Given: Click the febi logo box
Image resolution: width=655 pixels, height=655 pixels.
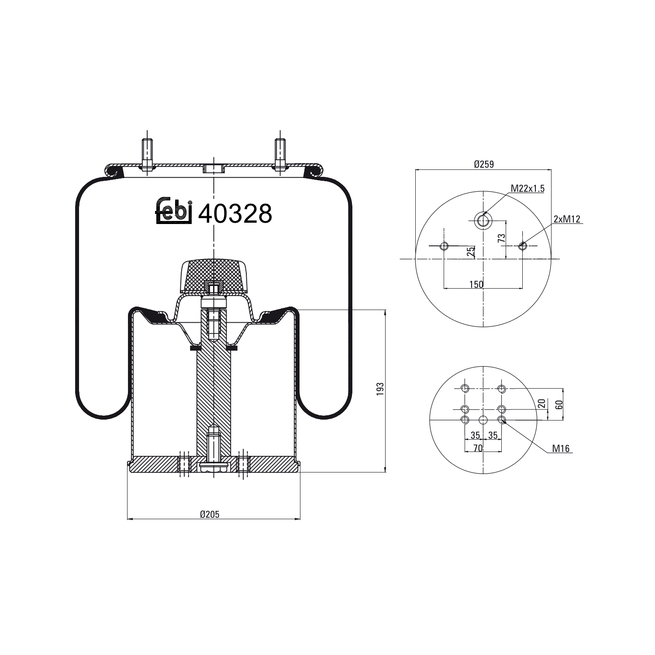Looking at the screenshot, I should [x=174, y=212].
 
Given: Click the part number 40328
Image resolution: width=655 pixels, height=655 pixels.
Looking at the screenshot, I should [x=235, y=214].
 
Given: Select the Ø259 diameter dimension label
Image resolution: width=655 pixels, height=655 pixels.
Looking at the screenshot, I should [x=483, y=164].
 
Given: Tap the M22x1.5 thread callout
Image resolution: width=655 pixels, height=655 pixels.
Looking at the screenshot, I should [x=527, y=189].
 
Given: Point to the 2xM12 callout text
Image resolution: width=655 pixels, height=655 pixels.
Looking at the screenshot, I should [x=566, y=219].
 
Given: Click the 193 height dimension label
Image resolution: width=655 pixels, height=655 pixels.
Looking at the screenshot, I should [x=380, y=389].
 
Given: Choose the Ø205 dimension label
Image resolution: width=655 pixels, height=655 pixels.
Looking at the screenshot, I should [x=210, y=514].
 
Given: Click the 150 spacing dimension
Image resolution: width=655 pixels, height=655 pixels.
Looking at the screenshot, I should [x=476, y=285].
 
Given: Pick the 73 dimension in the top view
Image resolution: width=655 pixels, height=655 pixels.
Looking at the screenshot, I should [x=502, y=238].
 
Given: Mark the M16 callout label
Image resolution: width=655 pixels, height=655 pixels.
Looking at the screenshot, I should [x=561, y=448].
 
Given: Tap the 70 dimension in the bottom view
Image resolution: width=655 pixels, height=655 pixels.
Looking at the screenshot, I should [x=478, y=448].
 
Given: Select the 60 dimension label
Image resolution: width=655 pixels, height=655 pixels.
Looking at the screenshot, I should [x=559, y=404].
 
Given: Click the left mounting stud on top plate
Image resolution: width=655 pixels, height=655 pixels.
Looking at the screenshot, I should [x=147, y=153].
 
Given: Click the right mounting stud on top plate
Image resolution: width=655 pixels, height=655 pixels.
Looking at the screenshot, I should [x=279, y=153].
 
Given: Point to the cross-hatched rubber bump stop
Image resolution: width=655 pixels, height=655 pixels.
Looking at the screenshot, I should [x=214, y=275].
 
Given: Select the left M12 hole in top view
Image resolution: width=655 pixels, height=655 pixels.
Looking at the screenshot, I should [x=444, y=246].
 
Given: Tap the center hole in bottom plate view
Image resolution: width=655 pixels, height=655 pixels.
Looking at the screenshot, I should [x=483, y=420].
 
